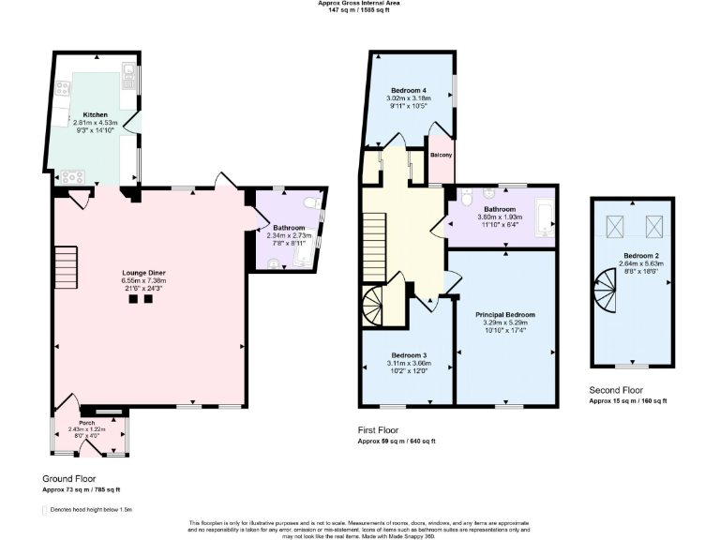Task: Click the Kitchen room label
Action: (x=95, y=114)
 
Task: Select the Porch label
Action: (x=90, y=422)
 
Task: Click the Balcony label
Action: (x=442, y=155)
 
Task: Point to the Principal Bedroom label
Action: (x=504, y=314)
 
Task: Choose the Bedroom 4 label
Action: (x=408, y=90)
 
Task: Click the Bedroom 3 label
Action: (x=409, y=355)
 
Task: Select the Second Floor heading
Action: (x=616, y=390)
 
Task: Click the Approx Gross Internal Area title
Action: (x=360, y=4)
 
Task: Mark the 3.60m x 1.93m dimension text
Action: (x=501, y=217)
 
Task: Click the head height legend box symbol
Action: (x=46, y=510)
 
